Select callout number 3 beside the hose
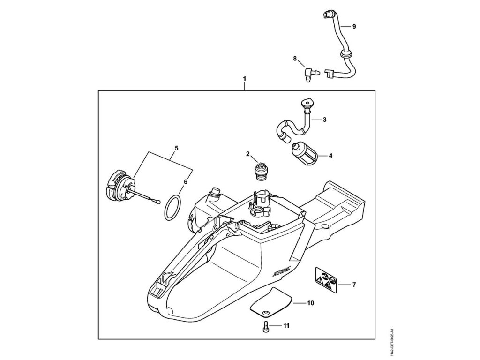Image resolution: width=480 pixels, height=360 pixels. tap(324, 120)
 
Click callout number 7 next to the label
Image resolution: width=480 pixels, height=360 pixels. tap(354, 284)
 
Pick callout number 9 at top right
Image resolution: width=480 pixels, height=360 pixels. tap(354, 27)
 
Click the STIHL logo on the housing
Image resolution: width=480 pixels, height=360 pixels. tap(281, 270)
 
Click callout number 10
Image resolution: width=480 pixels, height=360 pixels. tap(310, 303)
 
